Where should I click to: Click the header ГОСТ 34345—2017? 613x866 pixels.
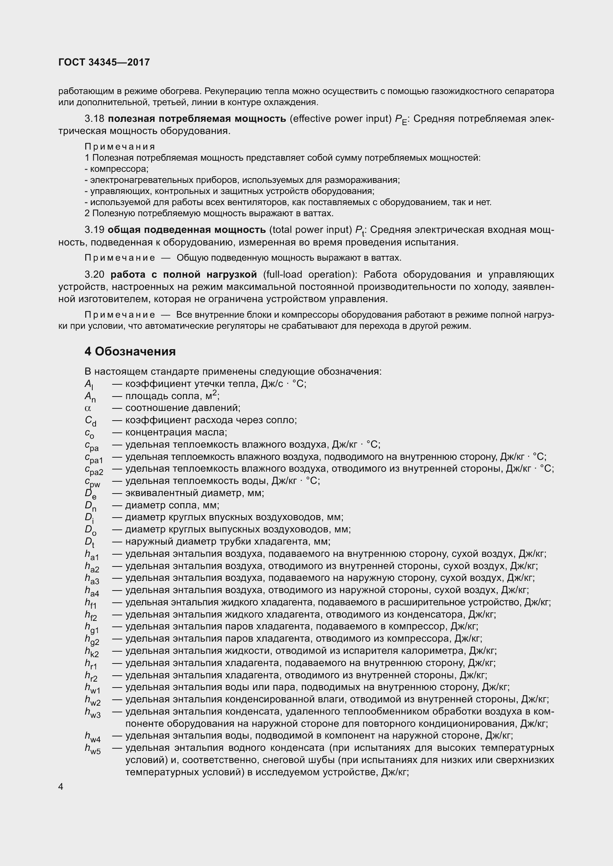point(104,62)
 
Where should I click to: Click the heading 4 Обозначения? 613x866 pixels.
point(130,351)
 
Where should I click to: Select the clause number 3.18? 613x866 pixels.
point(94,119)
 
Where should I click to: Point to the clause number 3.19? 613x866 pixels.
point(94,230)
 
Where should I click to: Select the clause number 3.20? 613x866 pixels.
point(95,274)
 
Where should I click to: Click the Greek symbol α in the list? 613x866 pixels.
point(88,408)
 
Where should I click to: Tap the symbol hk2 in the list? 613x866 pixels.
point(92,652)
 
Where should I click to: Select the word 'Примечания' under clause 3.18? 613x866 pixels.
point(120,147)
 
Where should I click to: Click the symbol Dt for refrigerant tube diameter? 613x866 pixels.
point(89,543)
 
